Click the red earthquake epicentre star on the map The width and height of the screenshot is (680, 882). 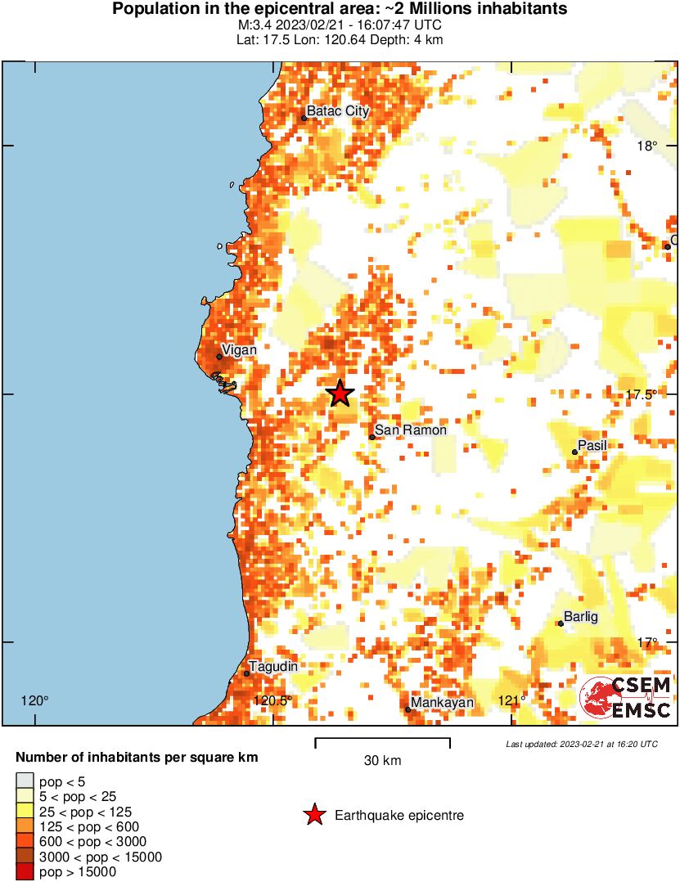[x=340, y=394]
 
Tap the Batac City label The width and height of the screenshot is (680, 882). [x=338, y=111]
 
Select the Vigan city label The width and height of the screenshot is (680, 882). [x=240, y=350]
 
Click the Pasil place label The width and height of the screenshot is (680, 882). [x=592, y=446]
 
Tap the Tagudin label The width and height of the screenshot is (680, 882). [x=273, y=667]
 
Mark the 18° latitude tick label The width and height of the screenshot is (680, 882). [x=648, y=146]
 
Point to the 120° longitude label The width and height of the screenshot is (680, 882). [x=35, y=700]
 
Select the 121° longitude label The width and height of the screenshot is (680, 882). [x=512, y=700]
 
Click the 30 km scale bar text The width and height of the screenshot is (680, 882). [x=382, y=761]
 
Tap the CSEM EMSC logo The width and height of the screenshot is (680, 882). [x=626, y=698]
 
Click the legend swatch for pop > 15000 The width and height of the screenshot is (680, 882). [x=25, y=872]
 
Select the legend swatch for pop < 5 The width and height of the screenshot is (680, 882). [x=25, y=781]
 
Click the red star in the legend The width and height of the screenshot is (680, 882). [x=313, y=814]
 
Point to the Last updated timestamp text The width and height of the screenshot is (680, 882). [x=581, y=744]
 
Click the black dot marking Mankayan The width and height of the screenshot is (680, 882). [x=408, y=709]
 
